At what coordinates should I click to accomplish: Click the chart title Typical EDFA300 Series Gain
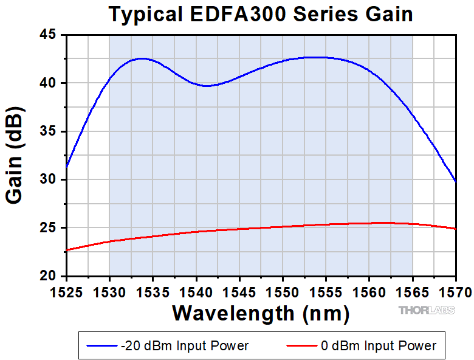[x=261, y=14]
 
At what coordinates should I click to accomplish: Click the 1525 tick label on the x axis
[x=66, y=292]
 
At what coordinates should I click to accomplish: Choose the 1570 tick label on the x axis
[x=456, y=292]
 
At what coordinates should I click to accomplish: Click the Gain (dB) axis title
[x=16, y=156]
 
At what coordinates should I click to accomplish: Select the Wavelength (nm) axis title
[x=261, y=313]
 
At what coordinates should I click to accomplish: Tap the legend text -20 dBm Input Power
[x=185, y=346]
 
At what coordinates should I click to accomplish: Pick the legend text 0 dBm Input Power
[x=378, y=346]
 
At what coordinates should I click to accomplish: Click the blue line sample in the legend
[x=102, y=346]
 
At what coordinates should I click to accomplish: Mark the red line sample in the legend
[x=301, y=346]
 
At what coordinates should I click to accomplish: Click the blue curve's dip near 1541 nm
[x=207, y=86]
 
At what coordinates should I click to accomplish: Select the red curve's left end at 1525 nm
[x=67, y=249]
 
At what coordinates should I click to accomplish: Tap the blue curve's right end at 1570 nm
[x=455, y=181]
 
